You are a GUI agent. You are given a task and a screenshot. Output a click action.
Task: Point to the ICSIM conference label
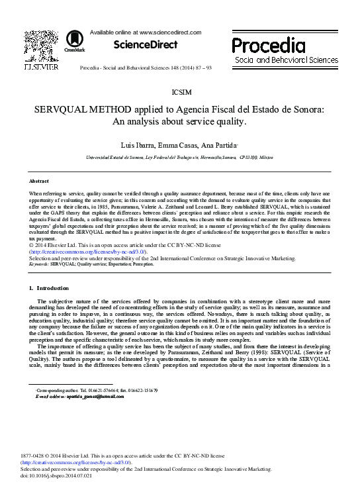click(179, 92)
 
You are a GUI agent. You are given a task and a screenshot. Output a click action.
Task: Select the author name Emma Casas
click(175, 145)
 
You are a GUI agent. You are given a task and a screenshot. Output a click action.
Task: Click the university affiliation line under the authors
click(179, 160)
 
